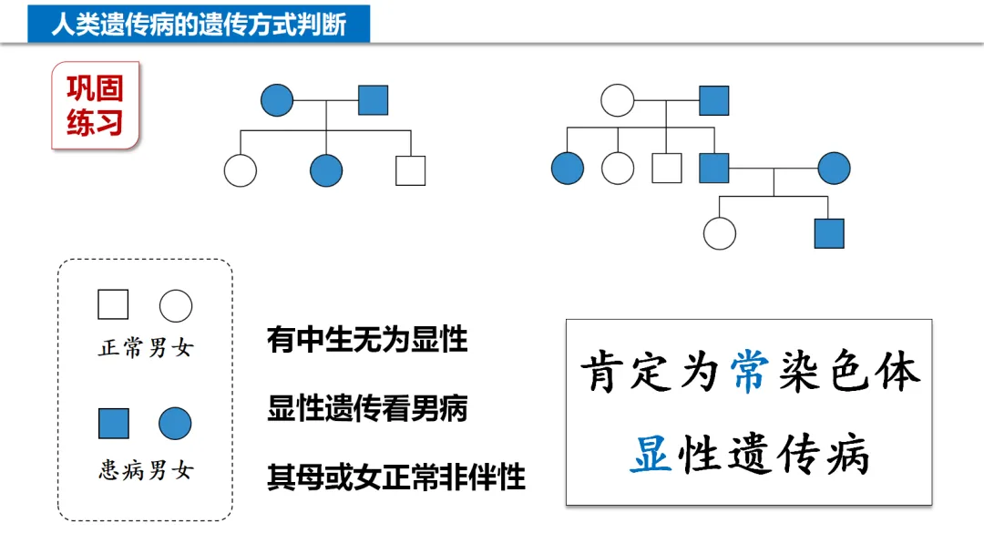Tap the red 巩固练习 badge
click(x=95, y=105)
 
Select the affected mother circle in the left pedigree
click(x=277, y=100)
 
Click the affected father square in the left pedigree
click(x=373, y=100)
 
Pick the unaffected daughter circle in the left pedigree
click(x=241, y=170)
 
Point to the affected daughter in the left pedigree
click(x=326, y=170)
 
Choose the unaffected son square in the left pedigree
click(x=410, y=170)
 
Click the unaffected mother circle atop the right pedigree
click(x=618, y=100)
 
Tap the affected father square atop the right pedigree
click(x=714, y=100)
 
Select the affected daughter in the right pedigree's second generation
click(x=568, y=169)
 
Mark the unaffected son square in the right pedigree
click(x=667, y=169)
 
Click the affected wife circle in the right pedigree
click(x=834, y=169)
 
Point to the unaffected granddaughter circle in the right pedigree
click(x=720, y=233)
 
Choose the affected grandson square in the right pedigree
click(x=829, y=233)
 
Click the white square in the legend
click(x=113, y=304)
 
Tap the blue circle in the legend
click(x=175, y=424)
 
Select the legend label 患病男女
click(x=146, y=470)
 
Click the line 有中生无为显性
click(x=367, y=340)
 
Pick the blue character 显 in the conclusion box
click(x=651, y=454)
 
